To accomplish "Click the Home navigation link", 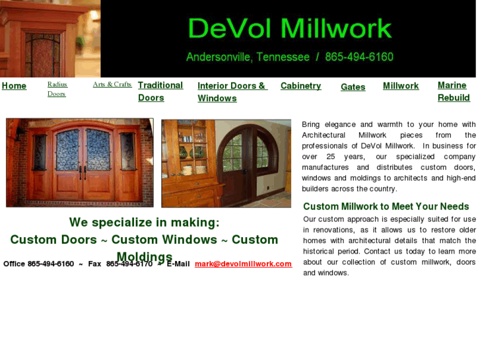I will point(14,86).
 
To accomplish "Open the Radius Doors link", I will point(57,89).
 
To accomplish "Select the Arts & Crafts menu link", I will point(112,85).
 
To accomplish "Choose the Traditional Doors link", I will point(160,91).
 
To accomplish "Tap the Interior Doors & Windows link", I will point(231,92).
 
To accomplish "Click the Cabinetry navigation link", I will point(300,86).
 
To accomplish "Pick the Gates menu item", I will point(353,87).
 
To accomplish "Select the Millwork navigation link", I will point(401,86).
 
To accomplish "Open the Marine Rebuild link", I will point(454,91).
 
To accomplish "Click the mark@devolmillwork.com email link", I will point(243,264).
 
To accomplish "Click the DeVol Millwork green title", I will point(290,28).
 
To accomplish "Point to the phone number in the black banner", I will point(359,57).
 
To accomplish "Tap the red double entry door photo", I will point(80,162).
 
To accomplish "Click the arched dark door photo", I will point(226,163).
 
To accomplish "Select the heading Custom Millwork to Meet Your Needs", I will point(386,207).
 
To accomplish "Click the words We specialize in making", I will point(144,223).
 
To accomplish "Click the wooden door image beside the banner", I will point(50,38).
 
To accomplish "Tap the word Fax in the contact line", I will point(94,264).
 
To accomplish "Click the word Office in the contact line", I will point(14,264).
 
